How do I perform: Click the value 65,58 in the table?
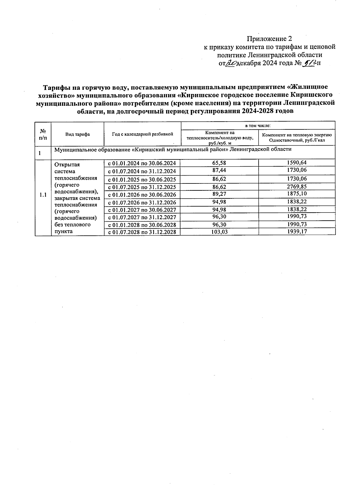(x=219, y=163)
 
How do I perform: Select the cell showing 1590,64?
(x=297, y=163)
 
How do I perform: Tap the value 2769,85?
(x=297, y=186)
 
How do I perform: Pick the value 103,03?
(x=219, y=232)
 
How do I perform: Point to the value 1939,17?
(x=297, y=232)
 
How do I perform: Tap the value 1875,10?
(x=297, y=194)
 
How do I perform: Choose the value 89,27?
(x=219, y=194)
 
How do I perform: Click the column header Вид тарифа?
(x=77, y=134)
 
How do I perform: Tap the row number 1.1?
(x=43, y=195)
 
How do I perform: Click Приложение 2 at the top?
(x=269, y=39)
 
